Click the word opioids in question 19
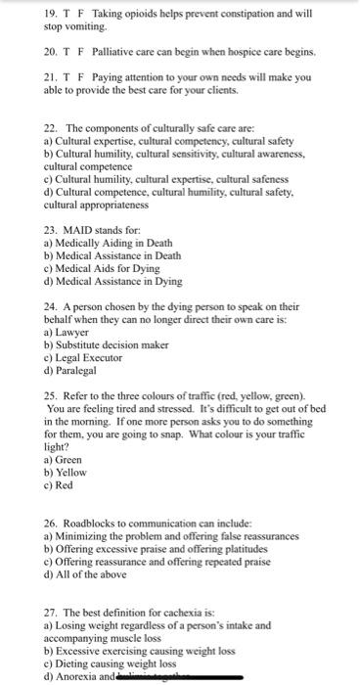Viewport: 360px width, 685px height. [x=145, y=15]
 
